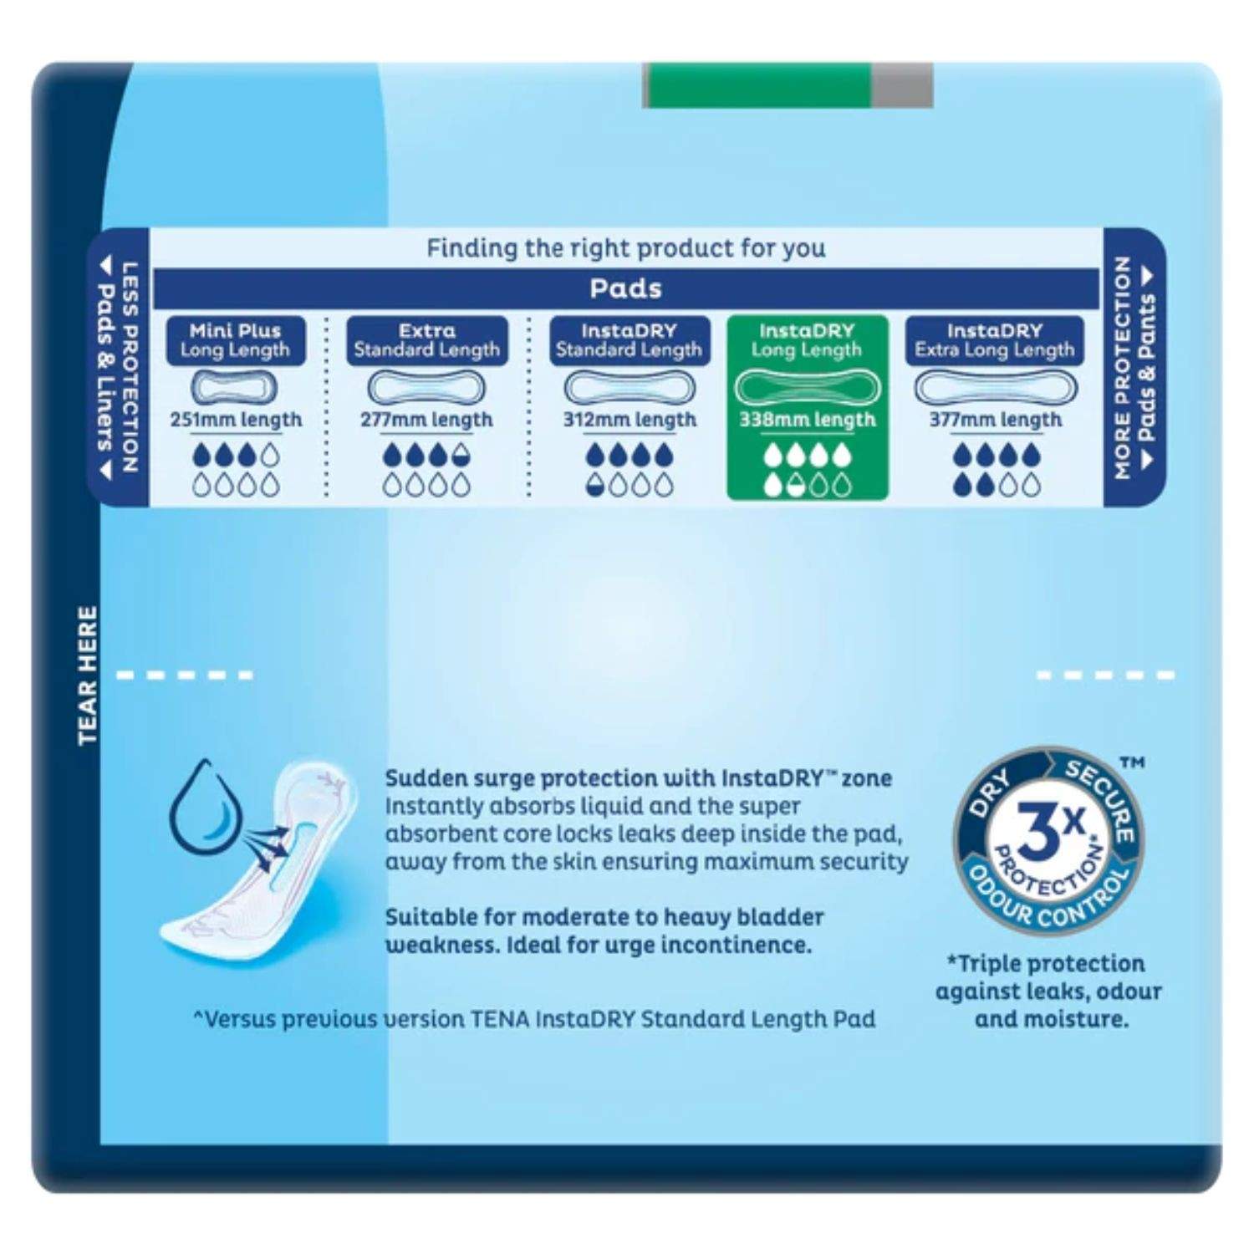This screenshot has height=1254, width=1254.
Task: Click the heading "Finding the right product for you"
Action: tap(626, 248)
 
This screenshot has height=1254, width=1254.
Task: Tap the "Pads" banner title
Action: tap(626, 288)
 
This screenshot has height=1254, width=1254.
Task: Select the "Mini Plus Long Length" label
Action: tap(236, 340)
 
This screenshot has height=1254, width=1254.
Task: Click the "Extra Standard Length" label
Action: tap(427, 340)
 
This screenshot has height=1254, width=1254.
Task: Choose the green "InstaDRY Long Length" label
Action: tap(807, 340)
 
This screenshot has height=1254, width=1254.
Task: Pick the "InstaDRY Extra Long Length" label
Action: tap(995, 340)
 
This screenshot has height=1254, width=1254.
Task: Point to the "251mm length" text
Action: tap(236, 420)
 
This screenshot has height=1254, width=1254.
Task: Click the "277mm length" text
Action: tap(426, 420)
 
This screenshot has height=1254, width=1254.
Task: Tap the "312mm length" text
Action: tap(630, 420)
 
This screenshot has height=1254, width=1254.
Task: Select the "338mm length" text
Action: tap(808, 420)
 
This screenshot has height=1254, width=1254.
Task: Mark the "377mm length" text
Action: tap(996, 420)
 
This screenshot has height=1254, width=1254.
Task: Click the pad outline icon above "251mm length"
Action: tap(234, 387)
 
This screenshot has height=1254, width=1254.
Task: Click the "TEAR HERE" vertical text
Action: tap(88, 675)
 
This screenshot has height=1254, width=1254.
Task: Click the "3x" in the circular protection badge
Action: tap(1051, 833)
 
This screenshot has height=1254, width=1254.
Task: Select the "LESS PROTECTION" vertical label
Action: tap(130, 368)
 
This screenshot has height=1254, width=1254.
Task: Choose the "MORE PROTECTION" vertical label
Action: tap(1124, 368)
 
